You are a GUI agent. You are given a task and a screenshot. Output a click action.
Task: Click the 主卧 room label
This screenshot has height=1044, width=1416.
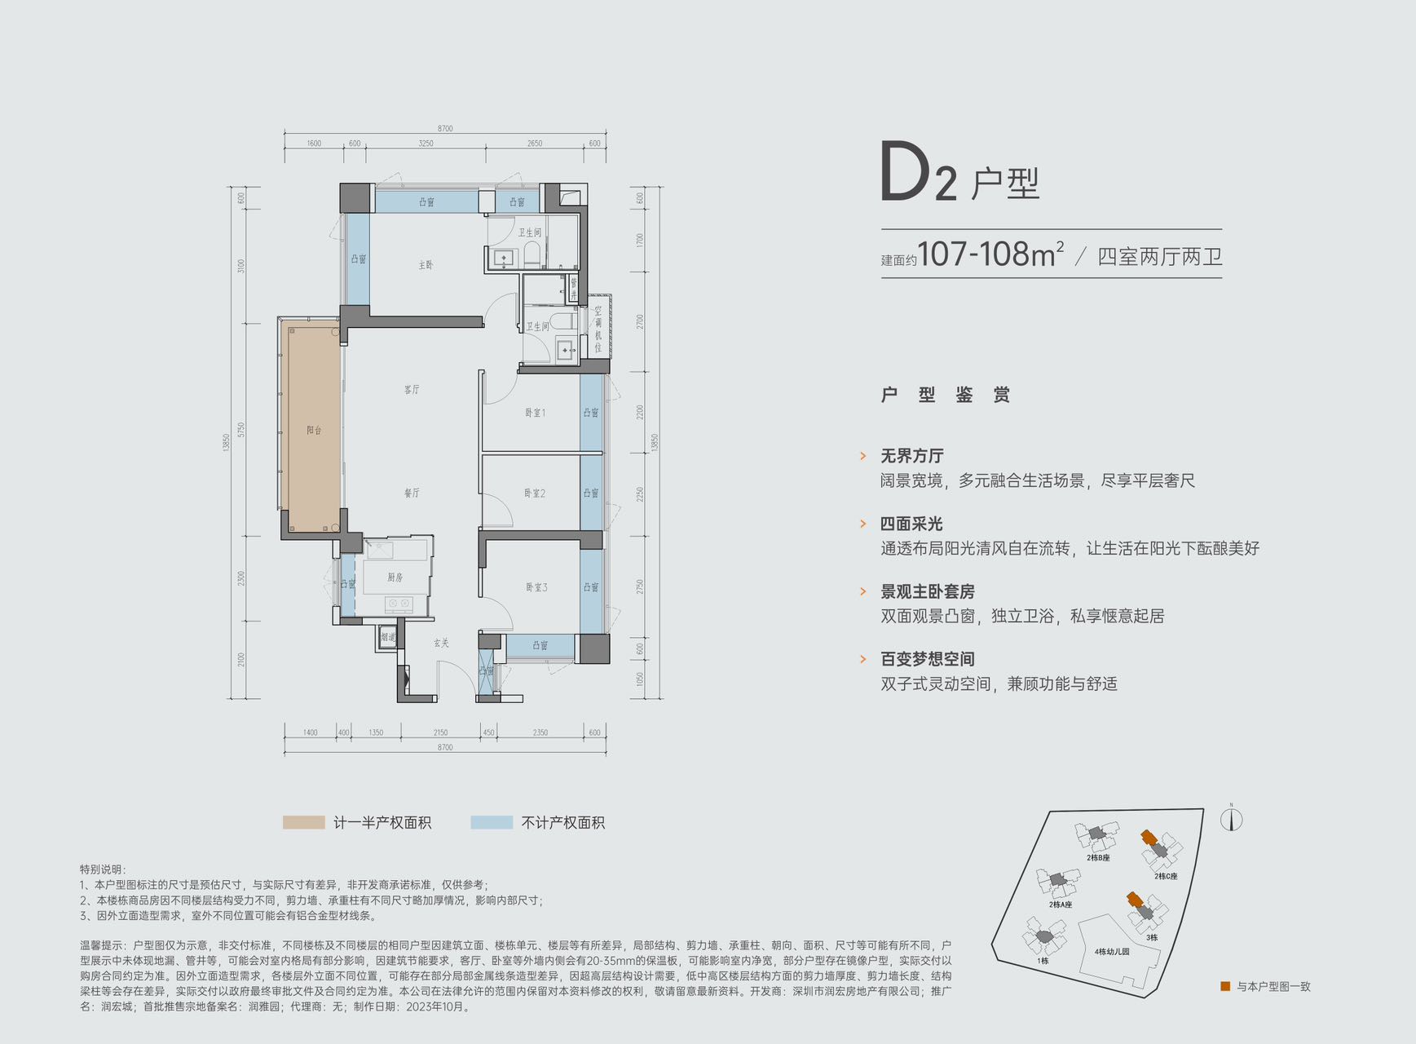(426, 265)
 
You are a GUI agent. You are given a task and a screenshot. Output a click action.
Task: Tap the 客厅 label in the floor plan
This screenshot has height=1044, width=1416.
(412, 390)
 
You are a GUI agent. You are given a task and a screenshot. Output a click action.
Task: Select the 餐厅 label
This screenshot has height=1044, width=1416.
(412, 493)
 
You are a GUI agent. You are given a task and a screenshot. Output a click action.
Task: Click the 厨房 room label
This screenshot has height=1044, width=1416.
(395, 577)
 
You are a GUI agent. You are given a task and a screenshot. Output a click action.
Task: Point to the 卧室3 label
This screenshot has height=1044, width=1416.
(536, 587)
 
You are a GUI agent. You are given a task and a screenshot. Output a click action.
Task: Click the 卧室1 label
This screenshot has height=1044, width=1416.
(535, 413)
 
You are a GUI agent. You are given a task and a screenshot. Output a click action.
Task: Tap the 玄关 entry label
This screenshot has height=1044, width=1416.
(441, 644)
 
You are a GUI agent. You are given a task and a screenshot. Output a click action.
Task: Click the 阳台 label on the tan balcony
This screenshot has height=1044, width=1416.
(314, 430)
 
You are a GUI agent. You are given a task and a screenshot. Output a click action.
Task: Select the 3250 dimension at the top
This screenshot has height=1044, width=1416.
(426, 144)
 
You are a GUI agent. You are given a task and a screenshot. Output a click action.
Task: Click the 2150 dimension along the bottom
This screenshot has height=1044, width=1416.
(440, 732)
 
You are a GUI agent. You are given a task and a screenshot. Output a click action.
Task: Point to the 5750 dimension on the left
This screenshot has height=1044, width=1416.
(241, 430)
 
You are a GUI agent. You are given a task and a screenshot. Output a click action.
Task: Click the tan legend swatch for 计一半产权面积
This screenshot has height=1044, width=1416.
(303, 822)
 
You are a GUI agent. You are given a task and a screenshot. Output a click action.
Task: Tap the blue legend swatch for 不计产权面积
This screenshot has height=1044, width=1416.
(492, 822)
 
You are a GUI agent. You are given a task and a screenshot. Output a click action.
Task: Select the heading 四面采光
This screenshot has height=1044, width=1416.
(911, 524)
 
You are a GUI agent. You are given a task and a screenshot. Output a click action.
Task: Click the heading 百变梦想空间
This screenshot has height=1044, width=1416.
(928, 659)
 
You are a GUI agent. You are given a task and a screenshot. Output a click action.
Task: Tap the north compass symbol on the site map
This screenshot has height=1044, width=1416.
(1231, 818)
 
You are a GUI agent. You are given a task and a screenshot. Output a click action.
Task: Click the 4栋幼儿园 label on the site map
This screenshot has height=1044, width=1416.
(1112, 952)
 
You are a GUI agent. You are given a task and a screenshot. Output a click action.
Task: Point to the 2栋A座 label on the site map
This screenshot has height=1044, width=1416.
(1061, 905)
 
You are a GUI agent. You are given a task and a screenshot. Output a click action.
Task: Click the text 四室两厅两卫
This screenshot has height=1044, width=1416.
(1159, 257)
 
